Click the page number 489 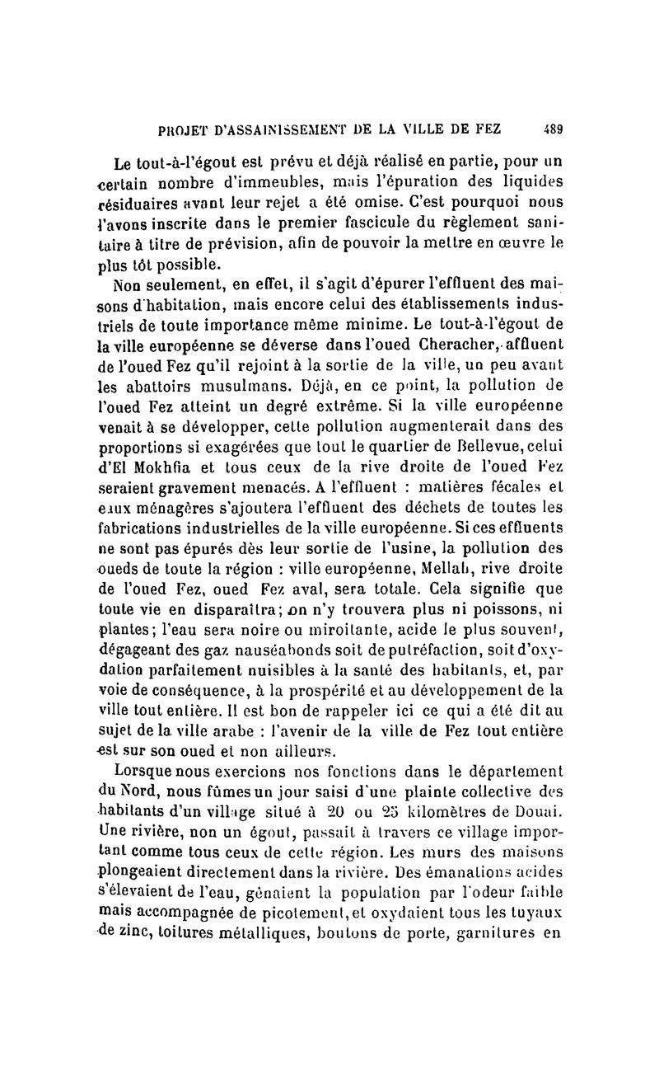(551, 129)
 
